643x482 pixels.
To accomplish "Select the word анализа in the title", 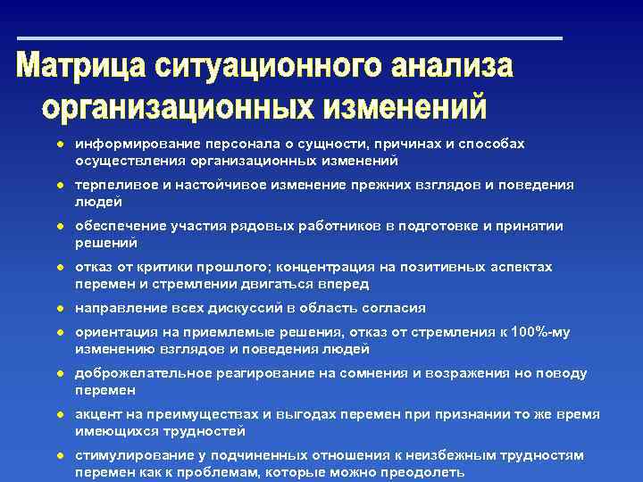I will tap(453, 69).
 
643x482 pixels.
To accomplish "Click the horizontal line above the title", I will tap(290, 38).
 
